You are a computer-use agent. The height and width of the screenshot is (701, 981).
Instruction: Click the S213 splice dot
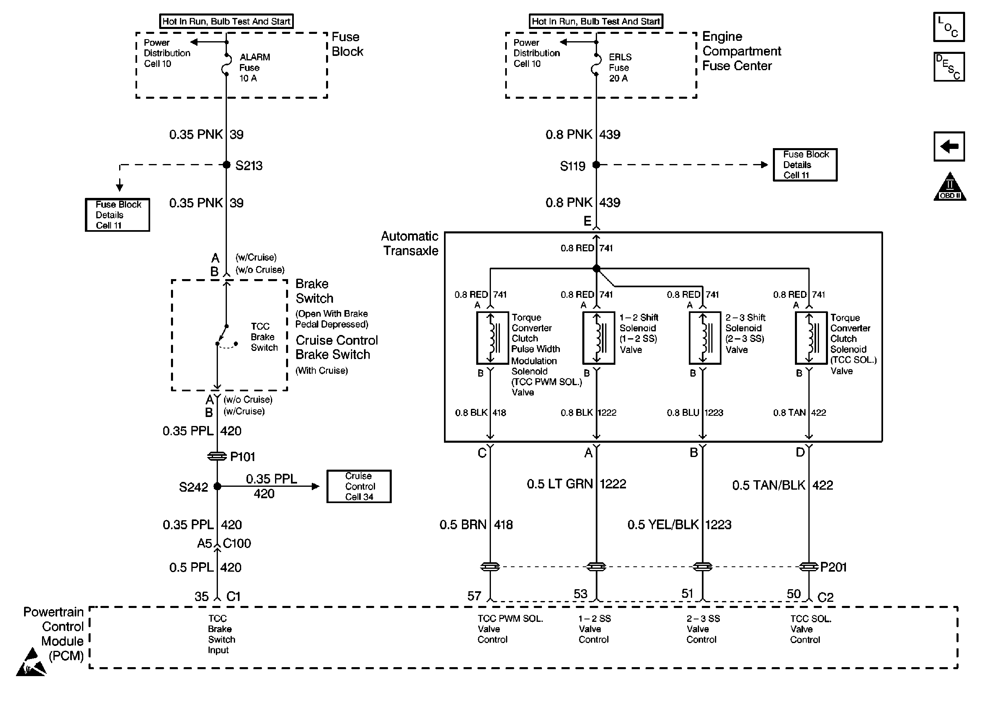point(226,164)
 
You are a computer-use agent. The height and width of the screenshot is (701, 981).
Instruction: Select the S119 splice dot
point(596,164)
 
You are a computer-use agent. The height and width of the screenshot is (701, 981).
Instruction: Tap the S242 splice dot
point(218,486)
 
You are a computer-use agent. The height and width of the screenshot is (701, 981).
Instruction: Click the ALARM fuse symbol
point(226,65)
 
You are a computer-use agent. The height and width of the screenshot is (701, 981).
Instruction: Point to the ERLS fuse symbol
point(596,65)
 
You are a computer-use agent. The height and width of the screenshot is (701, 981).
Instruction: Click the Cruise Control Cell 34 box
point(359,486)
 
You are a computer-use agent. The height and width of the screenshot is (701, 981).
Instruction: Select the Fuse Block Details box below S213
point(118,215)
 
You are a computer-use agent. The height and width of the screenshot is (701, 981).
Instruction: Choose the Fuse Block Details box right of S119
point(805,165)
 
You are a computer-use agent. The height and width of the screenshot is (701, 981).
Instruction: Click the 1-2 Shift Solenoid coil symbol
point(599,338)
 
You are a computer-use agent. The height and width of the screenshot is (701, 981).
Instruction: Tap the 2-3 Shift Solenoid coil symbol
point(705,338)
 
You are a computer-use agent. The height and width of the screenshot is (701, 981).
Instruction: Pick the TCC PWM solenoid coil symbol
point(493,338)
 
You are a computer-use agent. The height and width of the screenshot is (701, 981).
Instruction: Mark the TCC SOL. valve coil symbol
point(811,338)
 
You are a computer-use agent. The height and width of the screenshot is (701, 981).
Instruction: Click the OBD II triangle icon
point(950,187)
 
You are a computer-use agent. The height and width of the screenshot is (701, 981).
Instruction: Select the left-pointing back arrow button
point(949,146)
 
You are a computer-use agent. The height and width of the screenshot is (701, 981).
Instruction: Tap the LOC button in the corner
point(949,27)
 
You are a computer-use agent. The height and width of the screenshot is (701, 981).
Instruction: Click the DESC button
point(949,67)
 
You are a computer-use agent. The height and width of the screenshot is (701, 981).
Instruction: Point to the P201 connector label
point(833,567)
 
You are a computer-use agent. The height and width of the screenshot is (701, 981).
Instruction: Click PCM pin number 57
point(474,596)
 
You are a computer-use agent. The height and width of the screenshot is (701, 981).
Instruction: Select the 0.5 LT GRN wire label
point(560,484)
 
